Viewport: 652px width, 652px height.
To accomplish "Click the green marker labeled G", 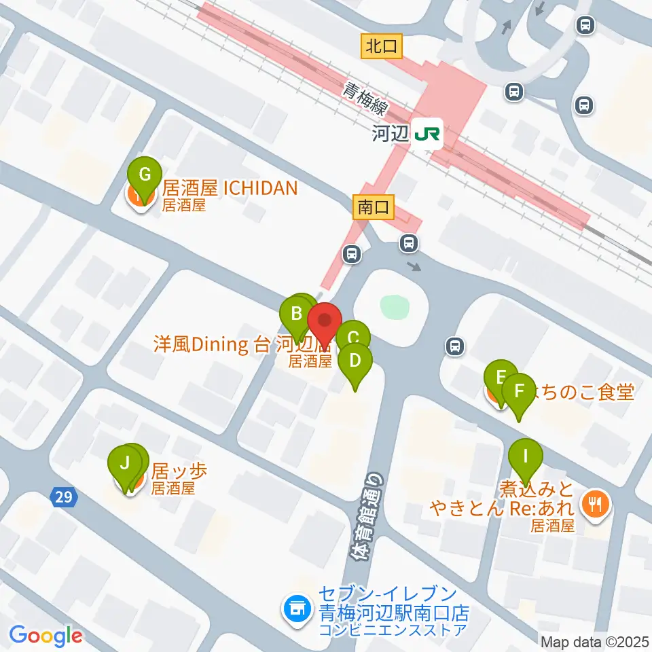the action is [144, 175].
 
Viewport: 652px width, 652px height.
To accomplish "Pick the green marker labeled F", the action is [520, 393].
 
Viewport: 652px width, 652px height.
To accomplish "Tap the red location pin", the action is [325, 321].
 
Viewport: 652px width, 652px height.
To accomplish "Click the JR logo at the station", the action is [428, 134].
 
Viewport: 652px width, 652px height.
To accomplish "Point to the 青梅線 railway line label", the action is [366, 98].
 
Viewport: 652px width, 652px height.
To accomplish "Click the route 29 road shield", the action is [63, 498].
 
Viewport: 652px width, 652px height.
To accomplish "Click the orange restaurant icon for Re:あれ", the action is [596, 503].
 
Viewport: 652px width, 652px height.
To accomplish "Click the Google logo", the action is [46, 636].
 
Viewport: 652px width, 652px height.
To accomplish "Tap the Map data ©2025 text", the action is [594, 641].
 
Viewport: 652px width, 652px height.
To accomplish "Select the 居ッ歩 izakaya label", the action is [179, 470].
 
